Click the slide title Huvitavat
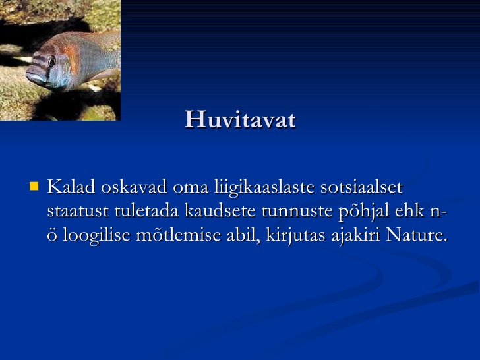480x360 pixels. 240,119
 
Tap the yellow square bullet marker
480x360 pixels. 34,186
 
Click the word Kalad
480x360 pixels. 71,187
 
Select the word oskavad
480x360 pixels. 134,187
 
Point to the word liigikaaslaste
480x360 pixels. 264,187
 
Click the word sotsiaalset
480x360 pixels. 361,187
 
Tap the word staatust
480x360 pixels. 78,211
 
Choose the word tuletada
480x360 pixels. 146,210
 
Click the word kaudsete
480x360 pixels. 220,210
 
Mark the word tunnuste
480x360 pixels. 297,211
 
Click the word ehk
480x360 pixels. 410,210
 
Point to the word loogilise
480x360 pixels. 97,236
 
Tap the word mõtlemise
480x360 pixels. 179,235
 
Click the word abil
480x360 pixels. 243,236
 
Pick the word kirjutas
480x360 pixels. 295,236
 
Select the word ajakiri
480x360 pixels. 356,236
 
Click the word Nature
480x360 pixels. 417,235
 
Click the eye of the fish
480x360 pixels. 51,61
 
